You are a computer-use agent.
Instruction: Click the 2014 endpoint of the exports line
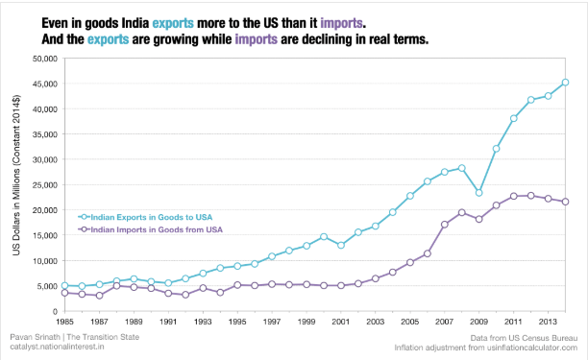565,82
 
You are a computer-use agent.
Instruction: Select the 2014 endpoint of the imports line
565,202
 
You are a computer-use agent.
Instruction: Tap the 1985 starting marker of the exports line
64,285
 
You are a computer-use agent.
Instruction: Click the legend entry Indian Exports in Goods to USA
144,218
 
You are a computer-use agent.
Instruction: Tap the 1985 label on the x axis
64,323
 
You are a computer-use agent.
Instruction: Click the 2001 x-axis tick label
340,323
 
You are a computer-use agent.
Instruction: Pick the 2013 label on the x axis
547,323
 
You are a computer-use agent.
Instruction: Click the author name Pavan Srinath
29,338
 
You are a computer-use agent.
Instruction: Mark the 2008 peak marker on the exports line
461,168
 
